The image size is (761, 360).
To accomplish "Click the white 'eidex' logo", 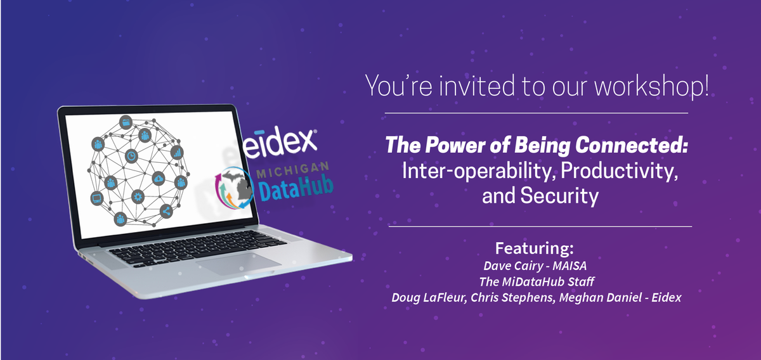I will click(282, 141).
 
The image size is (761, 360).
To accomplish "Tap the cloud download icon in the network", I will click(158, 179).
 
